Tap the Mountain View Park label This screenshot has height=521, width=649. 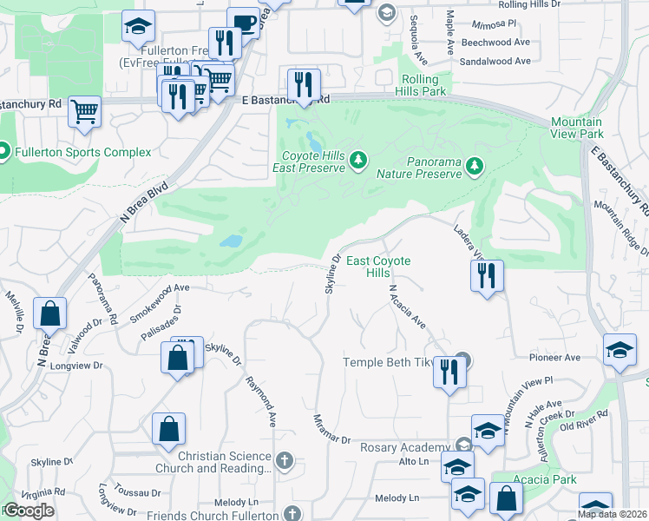coord(576,129)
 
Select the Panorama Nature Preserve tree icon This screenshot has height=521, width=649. coord(474,164)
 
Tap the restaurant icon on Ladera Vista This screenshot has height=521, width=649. coord(487,276)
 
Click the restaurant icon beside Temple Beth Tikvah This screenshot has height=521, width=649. coord(449,372)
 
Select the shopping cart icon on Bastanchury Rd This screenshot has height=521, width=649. coord(85,110)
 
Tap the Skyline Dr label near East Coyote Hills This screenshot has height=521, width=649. coord(332,274)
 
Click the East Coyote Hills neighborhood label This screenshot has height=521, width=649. coord(378,267)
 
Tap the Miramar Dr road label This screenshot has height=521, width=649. coord(332,429)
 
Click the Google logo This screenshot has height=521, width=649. coord(29,511)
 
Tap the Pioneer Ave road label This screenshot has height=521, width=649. coord(560,357)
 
